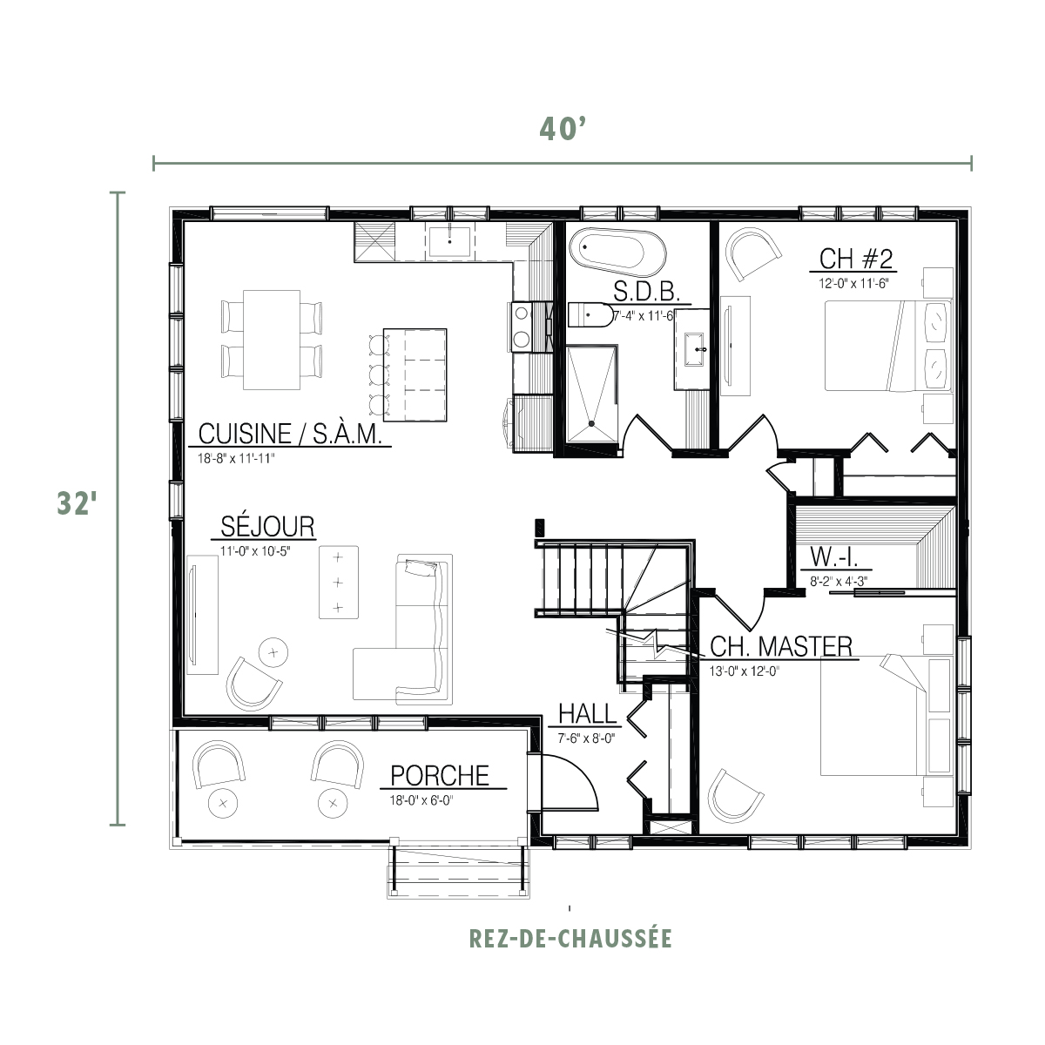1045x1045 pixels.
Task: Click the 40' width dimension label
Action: (563, 129)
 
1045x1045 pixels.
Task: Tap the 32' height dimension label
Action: (77, 502)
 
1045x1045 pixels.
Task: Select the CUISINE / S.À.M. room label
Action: (290, 434)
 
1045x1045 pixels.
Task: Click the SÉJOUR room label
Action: (267, 527)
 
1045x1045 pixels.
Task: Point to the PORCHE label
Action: (440, 776)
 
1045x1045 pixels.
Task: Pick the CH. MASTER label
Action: (781, 646)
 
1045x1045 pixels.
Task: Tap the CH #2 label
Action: (856, 259)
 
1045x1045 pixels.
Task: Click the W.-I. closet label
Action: (834, 557)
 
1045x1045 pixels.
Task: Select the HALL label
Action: (587, 714)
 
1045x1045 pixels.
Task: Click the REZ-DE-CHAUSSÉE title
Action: (570, 939)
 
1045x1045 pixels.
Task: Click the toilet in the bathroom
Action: (590, 315)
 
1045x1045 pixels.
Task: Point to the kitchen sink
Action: (449, 242)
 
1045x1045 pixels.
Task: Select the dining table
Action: (272, 340)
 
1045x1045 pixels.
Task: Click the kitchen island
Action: (415, 374)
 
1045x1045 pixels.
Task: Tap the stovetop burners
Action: (521, 327)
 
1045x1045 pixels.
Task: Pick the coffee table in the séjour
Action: (339, 583)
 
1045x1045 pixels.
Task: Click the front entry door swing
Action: (570, 783)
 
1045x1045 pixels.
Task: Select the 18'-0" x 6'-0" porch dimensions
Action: (421, 800)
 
